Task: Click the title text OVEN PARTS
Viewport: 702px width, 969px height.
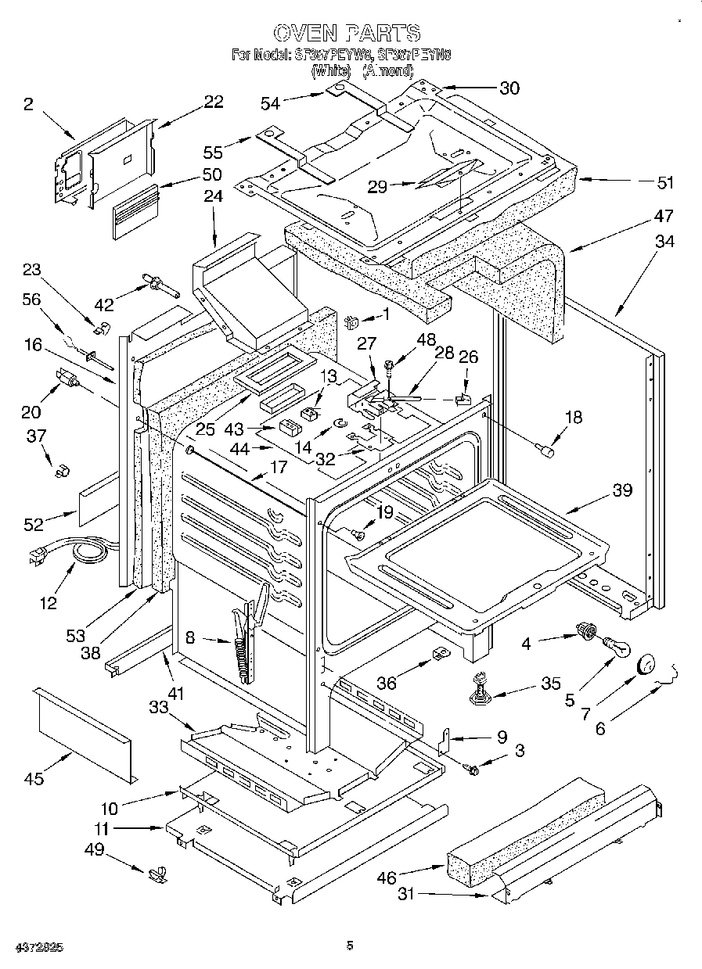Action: point(347,33)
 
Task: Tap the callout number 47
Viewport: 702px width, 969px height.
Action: point(664,216)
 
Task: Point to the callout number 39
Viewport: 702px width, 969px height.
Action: point(622,490)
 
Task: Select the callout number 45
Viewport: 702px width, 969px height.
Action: point(34,778)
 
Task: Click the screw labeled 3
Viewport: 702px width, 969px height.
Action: point(473,770)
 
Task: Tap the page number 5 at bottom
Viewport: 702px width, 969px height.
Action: point(349,946)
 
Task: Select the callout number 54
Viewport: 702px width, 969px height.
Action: point(271,102)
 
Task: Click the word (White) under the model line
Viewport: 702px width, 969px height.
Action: point(330,71)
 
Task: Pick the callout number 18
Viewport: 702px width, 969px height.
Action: point(574,418)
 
